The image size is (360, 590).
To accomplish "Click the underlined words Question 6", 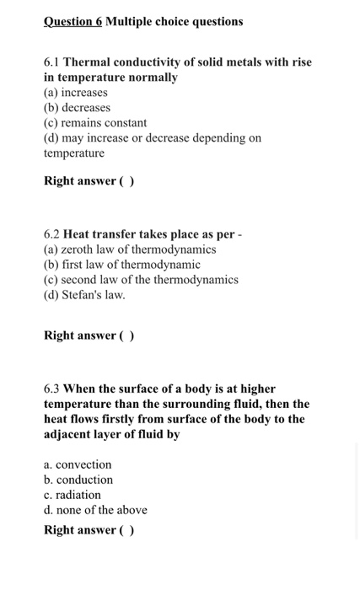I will [x=73, y=21].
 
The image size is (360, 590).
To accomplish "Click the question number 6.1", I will [x=52, y=62].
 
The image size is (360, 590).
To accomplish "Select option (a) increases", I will [x=76, y=93].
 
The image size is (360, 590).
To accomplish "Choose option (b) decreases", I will [x=77, y=108].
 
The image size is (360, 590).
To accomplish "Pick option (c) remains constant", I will [x=95, y=123].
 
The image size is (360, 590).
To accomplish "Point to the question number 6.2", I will [x=52, y=234].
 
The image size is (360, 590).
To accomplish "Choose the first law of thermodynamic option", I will [x=122, y=265].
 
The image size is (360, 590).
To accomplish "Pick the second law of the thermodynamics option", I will [x=141, y=280].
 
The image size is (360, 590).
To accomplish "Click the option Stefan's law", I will [x=84, y=295].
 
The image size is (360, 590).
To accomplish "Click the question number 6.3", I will [x=52, y=389].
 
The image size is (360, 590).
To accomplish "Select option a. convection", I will [x=78, y=464].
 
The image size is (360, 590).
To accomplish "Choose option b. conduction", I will [x=78, y=480].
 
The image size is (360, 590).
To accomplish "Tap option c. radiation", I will [x=73, y=495].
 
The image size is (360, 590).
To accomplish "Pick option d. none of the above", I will [x=95, y=510].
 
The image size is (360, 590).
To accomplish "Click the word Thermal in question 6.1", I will [x=87, y=62].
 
